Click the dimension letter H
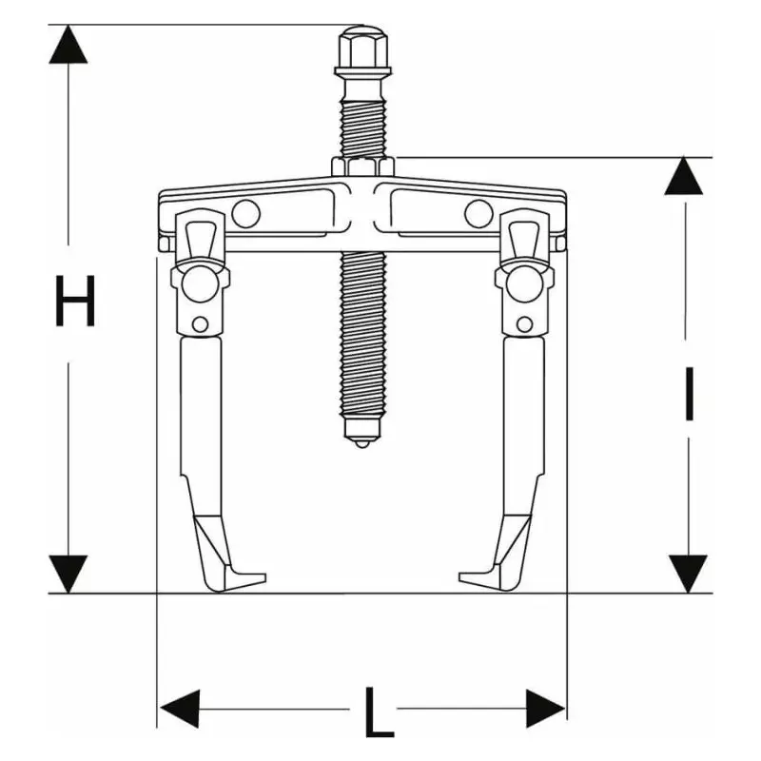tap(74, 301)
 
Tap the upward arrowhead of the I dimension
tap(688, 177)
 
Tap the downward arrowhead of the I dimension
tap(688, 573)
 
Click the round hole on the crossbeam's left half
tap(244, 215)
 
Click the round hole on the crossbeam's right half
tap(478, 215)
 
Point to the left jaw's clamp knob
tap(201, 282)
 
